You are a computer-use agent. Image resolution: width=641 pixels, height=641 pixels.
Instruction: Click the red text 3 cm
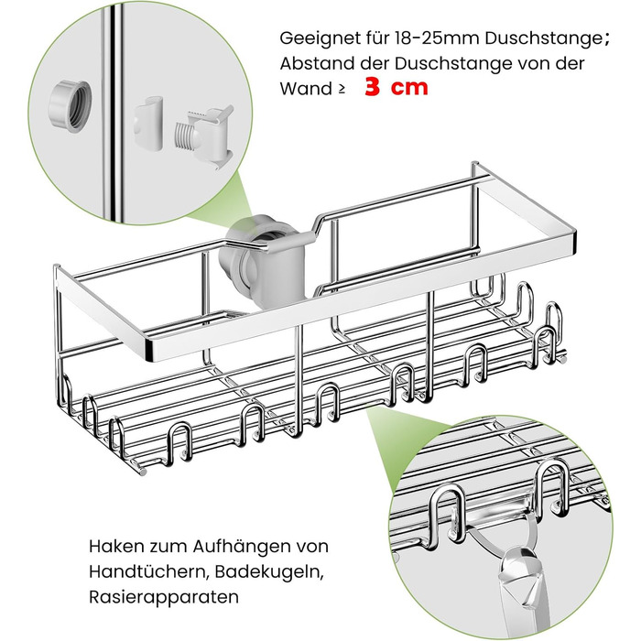point(396,87)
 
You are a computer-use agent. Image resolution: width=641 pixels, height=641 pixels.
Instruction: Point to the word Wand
point(306,89)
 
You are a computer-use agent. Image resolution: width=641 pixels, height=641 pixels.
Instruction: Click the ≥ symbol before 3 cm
point(342,90)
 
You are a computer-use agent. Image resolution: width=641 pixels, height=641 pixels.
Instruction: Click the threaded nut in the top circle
point(69,105)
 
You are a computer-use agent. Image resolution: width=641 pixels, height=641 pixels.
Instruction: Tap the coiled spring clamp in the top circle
point(203,134)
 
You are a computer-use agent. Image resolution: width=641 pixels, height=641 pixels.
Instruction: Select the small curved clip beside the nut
point(148,123)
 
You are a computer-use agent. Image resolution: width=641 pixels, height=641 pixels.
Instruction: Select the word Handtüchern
point(148,571)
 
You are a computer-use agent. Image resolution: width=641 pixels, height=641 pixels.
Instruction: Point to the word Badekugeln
point(269,572)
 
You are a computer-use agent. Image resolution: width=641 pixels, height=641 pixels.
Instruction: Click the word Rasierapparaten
point(164,597)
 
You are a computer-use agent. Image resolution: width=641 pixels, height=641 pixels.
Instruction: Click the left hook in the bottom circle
point(447,512)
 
